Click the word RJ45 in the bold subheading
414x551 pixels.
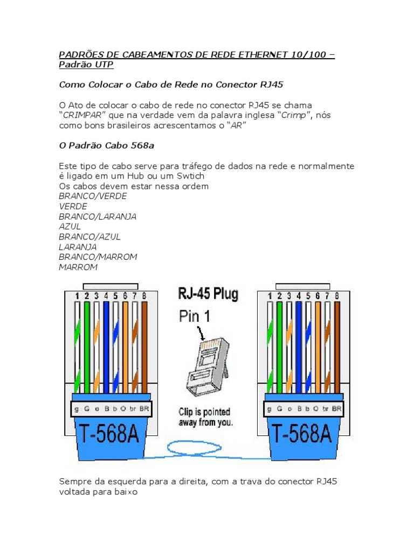coord(272,84)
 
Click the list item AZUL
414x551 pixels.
coord(70,227)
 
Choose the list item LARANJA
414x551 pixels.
coord(78,246)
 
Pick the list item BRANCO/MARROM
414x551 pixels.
coord(98,257)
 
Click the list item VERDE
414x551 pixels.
coord(73,206)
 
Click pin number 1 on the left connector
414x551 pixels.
coord(77,296)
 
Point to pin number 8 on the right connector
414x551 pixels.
coord(337,296)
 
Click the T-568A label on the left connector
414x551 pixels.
coord(110,434)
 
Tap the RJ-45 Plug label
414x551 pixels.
coord(208,294)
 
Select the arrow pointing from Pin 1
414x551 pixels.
coord(201,333)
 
